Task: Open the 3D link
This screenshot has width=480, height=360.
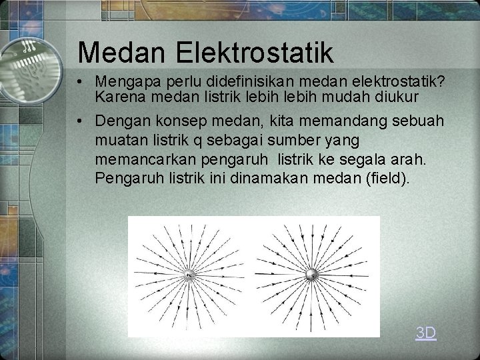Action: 425,333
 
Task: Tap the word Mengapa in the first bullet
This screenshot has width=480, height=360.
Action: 127,82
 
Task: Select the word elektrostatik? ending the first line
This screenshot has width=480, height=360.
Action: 398,81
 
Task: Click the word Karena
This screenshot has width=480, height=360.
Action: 117,97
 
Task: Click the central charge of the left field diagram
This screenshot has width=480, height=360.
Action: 190,275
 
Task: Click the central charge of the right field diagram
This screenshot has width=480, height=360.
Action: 311,274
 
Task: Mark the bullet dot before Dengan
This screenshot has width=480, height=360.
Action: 79,121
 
